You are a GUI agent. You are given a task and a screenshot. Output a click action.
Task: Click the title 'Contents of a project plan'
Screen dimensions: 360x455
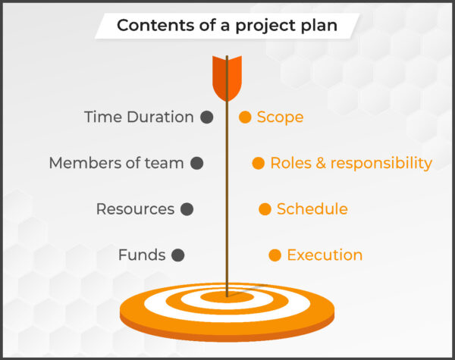click(227, 27)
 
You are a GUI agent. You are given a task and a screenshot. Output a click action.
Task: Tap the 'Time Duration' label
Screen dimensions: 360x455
click(139, 117)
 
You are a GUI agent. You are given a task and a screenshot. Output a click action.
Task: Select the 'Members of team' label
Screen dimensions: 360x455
click(116, 163)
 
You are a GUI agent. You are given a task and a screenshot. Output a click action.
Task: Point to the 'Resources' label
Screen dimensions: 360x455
click(135, 209)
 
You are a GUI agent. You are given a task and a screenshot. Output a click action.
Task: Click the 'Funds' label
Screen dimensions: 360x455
click(141, 255)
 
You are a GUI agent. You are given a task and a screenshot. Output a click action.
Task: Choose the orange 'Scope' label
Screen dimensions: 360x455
click(280, 117)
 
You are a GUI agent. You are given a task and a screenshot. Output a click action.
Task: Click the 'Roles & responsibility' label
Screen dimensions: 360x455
click(351, 163)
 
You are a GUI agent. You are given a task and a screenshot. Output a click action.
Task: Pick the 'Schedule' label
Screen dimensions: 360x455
click(312, 209)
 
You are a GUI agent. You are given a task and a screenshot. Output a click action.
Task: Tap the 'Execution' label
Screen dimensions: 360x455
click(325, 255)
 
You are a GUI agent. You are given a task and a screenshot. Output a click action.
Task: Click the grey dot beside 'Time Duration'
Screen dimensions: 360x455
click(206, 117)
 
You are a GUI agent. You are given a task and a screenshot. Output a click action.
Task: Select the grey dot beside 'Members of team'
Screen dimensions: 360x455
click(196, 163)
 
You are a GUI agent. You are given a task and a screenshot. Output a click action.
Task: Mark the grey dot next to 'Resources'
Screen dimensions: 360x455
click(187, 209)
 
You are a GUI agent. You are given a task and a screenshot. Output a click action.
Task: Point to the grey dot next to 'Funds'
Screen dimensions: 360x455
click(177, 255)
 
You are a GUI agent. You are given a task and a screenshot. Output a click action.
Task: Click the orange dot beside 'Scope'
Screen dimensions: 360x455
click(245, 117)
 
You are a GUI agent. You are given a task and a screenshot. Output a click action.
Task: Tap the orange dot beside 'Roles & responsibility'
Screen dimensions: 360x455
click(258, 163)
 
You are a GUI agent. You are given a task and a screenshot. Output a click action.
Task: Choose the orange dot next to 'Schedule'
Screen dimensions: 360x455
click(265, 209)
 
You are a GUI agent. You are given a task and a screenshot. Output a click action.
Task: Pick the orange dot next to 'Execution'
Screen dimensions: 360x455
click(275, 255)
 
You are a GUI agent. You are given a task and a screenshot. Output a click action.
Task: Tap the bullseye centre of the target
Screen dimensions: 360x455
click(227, 295)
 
